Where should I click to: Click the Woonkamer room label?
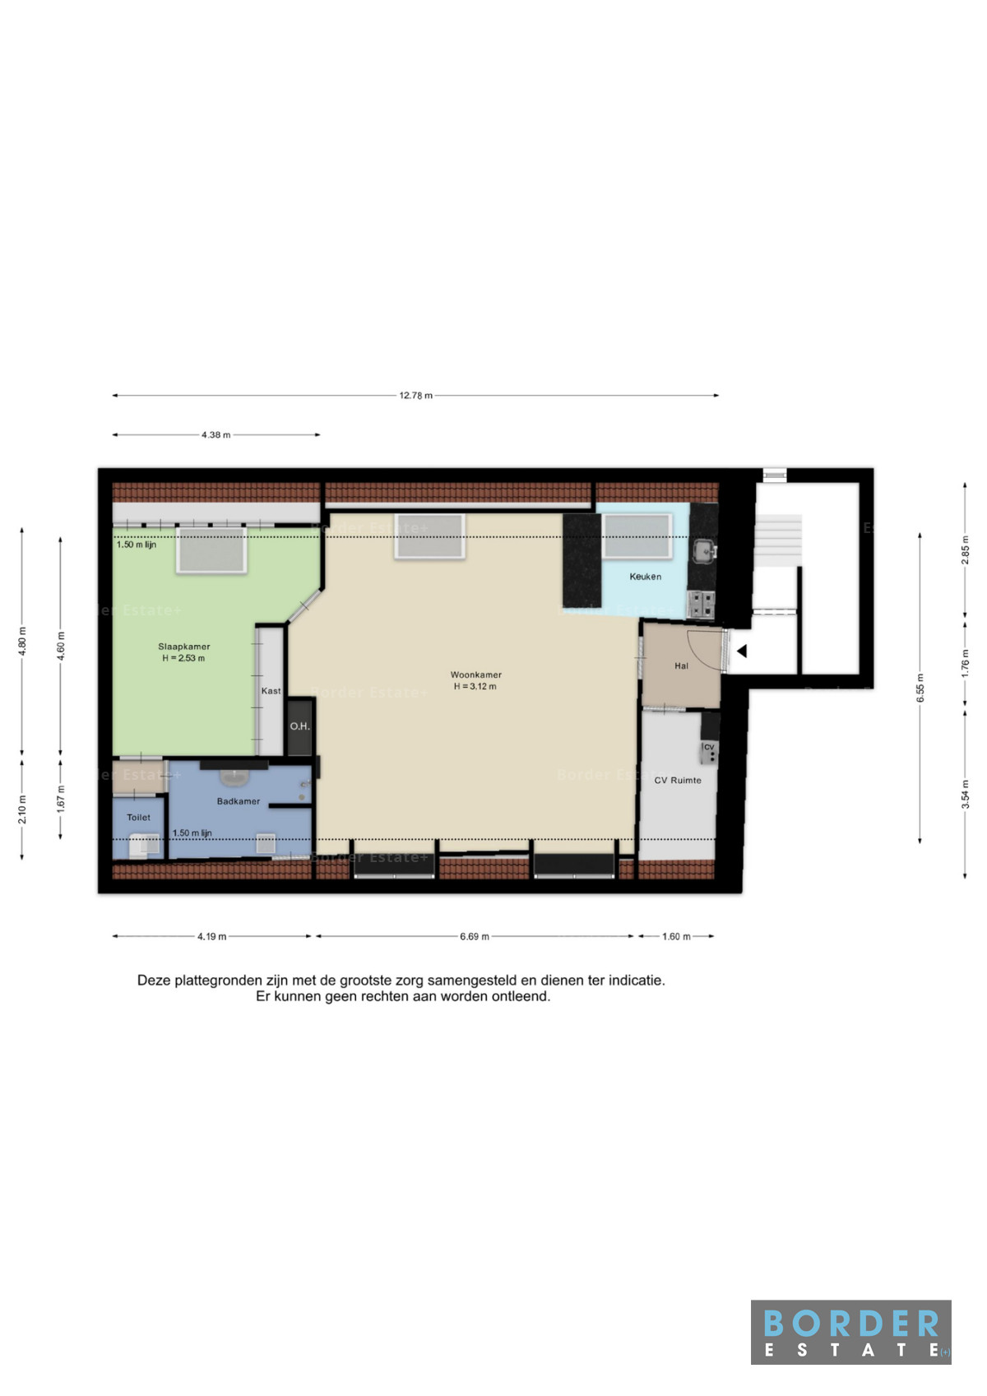point(476,675)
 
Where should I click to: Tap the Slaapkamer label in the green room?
point(183,647)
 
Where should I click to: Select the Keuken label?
point(645,577)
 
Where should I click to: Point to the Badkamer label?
point(238,801)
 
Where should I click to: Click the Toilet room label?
point(138,818)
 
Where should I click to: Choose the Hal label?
point(681,666)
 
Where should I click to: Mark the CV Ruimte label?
point(677,780)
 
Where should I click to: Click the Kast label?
point(271,690)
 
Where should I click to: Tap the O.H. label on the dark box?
point(299,726)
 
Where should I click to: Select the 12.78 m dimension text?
point(415,395)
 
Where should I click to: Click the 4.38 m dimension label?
point(215,435)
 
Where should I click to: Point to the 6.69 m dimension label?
point(475,936)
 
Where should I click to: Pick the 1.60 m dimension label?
point(676,936)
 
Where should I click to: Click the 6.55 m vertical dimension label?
point(920,688)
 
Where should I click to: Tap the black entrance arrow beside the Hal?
point(742,652)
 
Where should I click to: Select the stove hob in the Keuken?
point(701,604)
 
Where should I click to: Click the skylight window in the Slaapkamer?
point(211,550)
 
